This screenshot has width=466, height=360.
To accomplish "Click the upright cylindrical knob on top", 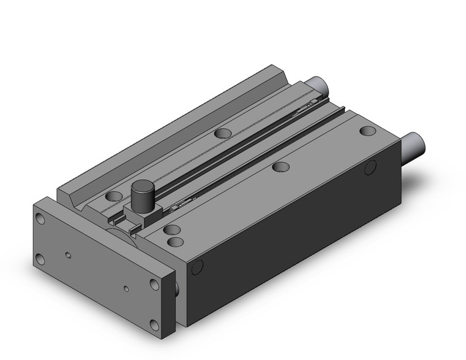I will pos(143,194).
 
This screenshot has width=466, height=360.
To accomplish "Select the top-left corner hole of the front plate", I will pos(40,218).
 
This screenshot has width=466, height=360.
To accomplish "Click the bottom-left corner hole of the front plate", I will pos(40,259).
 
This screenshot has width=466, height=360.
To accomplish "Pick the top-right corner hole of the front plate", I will pos(154,285).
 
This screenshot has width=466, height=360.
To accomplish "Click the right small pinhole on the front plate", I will pos(126,287).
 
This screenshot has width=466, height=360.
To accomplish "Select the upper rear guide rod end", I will pos(317,84).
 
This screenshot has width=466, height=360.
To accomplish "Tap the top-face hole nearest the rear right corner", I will pos(367,131).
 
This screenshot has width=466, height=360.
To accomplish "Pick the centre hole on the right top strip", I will pos(281,166).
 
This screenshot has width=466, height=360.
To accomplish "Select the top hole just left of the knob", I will pos(113,196).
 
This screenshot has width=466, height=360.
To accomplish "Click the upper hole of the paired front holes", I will pos(174,230).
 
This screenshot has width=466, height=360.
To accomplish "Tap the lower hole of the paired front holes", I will pos(174,241).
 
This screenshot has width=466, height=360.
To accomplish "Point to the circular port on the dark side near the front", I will pos(197,267).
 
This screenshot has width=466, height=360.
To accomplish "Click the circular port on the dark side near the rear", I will pos(370,167).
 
